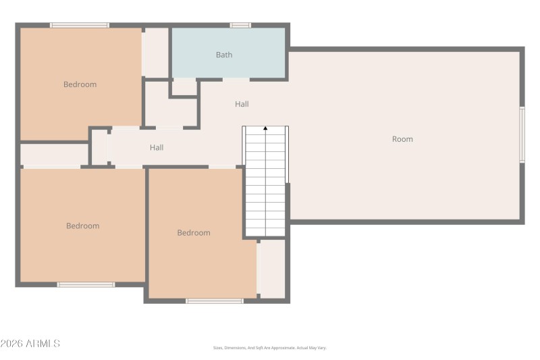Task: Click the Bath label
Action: pos(224,55)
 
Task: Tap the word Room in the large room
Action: pos(402,139)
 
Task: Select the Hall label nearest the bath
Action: pos(242,104)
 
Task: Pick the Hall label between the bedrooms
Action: pos(157,147)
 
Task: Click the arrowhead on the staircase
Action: pos(265,128)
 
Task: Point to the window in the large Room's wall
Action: pos(521,134)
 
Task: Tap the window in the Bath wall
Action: pos(240,26)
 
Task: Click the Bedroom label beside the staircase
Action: pos(194,233)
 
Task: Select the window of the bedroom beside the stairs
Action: pos(215,301)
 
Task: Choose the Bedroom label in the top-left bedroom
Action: pos(80,84)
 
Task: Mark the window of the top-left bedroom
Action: pos(80,26)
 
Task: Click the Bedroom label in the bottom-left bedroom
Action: pos(83,226)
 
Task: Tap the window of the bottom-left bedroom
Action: pos(86,284)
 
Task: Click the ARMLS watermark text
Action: pos(43,344)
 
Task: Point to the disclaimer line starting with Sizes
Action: pos(269,348)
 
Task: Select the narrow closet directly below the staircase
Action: pos(273,268)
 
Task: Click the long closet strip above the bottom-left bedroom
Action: pos(54,154)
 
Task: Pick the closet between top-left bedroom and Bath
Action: pos(156,52)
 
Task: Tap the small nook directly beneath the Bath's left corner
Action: pos(184,88)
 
